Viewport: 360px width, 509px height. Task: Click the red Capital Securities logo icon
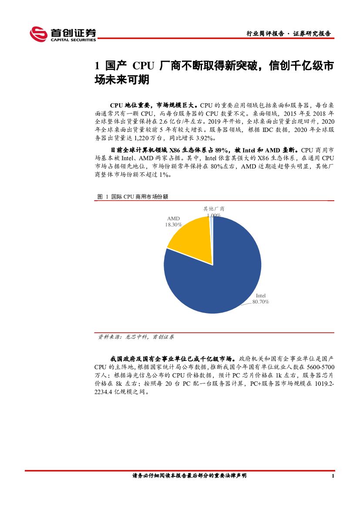click(38, 34)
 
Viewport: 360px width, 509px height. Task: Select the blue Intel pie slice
click(218, 274)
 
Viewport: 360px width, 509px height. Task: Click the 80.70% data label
click(261, 301)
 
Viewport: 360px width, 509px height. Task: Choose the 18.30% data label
click(173, 225)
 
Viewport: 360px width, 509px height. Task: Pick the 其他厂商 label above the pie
click(214, 209)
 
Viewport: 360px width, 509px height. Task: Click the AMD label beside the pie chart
click(173, 219)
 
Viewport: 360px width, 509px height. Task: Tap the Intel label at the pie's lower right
click(260, 296)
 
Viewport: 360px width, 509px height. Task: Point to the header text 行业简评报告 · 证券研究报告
click(288, 34)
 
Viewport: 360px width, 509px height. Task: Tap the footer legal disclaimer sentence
click(189, 476)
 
